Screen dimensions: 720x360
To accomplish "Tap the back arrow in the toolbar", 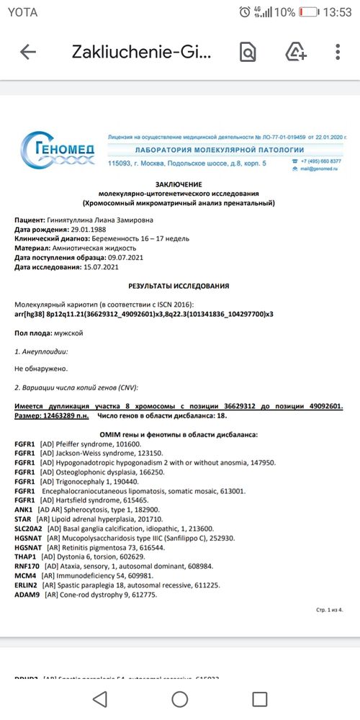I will (29, 52).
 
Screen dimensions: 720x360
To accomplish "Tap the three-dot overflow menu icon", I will (338, 52).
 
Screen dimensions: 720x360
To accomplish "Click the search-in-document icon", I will (248, 52).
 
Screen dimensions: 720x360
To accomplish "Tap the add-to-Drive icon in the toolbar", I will (296, 52).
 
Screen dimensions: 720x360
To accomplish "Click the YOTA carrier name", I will (22, 12).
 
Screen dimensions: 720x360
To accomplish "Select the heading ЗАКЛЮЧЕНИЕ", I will (179, 185).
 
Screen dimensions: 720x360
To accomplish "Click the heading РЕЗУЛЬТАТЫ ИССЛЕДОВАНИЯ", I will (179, 286).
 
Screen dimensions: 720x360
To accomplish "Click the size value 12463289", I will (63, 416).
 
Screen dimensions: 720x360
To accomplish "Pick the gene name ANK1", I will (24, 509).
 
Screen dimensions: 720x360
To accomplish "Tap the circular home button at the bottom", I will (179, 697).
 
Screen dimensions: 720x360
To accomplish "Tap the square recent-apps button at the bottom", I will (259, 697).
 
